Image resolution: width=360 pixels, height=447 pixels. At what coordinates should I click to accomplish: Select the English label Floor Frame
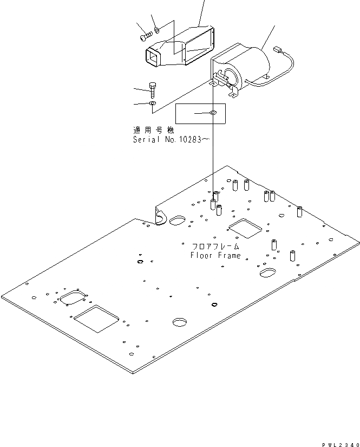click(x=215, y=255)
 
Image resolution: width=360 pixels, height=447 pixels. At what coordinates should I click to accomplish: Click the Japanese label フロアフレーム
click(x=215, y=247)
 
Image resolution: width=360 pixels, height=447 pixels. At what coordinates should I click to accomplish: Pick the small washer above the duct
click(x=156, y=29)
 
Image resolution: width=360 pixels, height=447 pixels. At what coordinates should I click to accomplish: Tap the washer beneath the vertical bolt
click(x=153, y=102)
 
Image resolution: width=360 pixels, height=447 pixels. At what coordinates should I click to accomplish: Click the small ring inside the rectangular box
click(x=213, y=113)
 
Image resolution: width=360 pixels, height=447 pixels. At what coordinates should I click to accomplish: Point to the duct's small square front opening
click(x=153, y=56)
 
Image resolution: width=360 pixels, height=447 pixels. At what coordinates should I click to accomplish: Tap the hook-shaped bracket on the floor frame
click(x=161, y=216)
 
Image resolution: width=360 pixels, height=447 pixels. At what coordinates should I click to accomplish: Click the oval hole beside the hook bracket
click(x=178, y=221)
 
